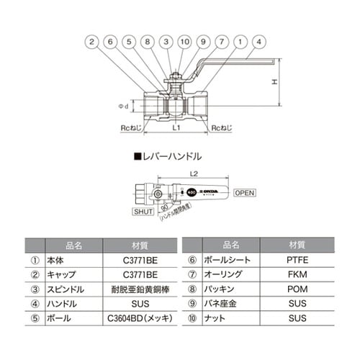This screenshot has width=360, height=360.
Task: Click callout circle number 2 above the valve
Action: coord(92,42)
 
